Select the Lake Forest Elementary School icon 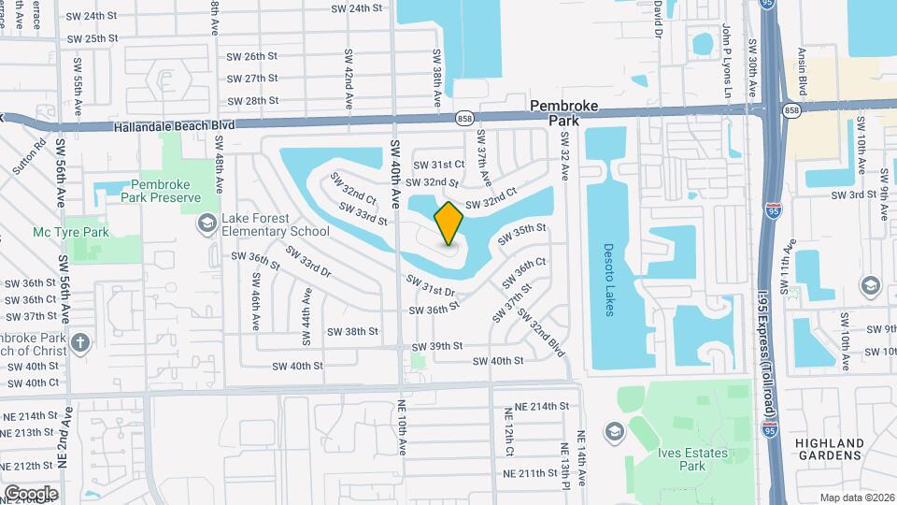pos(206,224)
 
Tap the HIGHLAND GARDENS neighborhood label pos(829,449)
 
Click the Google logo pos(31,493)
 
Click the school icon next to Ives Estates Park pos(614,431)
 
